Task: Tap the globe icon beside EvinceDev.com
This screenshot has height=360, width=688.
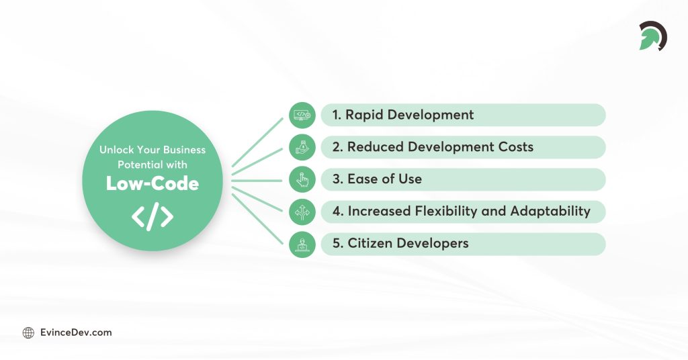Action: tap(28, 332)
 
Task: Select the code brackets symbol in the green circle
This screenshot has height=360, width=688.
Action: tap(153, 216)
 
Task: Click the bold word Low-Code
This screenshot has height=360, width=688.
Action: tap(153, 183)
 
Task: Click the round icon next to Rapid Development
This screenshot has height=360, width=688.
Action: tap(302, 115)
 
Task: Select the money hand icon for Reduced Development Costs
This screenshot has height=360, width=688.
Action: tap(302, 147)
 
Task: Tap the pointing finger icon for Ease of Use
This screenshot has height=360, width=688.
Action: tap(302, 179)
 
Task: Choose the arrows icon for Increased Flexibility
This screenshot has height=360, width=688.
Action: tap(302, 212)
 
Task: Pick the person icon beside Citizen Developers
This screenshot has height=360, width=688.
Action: tap(302, 244)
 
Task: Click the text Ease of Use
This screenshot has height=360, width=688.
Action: tap(384, 179)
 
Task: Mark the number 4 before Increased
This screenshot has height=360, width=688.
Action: tap(337, 212)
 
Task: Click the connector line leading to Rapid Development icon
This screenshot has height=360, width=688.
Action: tap(259, 142)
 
